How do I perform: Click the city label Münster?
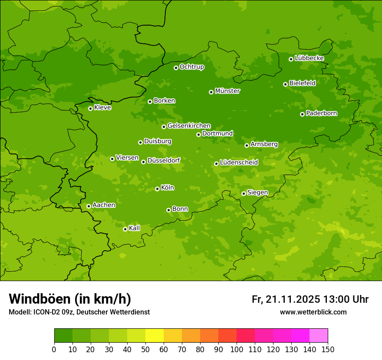(227, 91)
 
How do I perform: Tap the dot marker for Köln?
(157, 189)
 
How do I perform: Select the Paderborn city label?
(322, 113)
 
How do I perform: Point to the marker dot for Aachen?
(89, 206)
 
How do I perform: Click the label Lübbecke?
(310, 58)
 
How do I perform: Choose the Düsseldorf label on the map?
(164, 160)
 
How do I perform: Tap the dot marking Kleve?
(90, 108)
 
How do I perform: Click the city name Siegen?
(258, 193)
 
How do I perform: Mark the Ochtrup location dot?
(176, 68)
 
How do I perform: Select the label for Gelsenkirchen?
(189, 126)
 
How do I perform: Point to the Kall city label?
(135, 228)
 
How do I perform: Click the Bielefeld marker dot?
(285, 84)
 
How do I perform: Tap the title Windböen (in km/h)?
(70, 299)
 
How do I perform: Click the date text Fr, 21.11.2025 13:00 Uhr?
(310, 299)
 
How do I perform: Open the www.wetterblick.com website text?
(313, 312)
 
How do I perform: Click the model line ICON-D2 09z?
(79, 312)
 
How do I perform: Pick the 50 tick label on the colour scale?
(145, 350)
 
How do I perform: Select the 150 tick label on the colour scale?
(328, 350)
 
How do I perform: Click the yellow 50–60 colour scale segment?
(155, 336)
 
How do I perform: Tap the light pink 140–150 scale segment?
(319, 336)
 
